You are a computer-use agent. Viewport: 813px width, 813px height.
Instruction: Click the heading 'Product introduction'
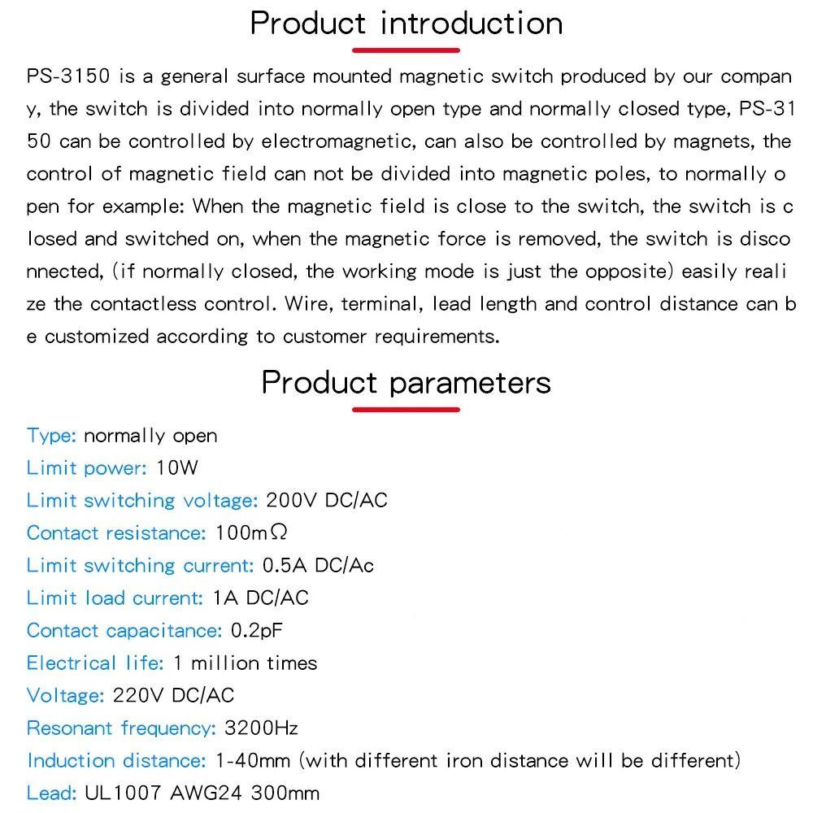(x=406, y=23)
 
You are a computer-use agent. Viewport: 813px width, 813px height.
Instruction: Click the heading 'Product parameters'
(x=406, y=382)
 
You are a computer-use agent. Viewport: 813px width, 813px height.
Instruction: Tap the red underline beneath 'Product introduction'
(x=406, y=50)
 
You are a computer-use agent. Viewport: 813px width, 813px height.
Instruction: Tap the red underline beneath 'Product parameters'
(x=406, y=409)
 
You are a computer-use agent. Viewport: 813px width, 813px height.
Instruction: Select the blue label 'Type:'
(x=51, y=436)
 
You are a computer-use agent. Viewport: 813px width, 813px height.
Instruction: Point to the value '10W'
(x=177, y=468)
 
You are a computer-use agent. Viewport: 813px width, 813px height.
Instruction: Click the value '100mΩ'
(x=251, y=533)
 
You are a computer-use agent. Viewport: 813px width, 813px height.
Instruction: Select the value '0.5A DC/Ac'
(x=318, y=566)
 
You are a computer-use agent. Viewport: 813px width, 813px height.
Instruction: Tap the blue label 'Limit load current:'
(x=115, y=598)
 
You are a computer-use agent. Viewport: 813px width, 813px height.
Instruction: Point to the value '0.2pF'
(x=257, y=631)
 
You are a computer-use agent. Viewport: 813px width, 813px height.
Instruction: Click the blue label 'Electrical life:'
(x=95, y=663)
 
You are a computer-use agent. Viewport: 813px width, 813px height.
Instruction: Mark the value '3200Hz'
(x=261, y=728)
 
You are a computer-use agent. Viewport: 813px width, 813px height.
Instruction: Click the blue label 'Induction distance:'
(x=117, y=761)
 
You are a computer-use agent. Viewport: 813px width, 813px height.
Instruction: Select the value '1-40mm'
(x=253, y=761)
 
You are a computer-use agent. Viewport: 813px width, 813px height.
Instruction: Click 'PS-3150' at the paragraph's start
(x=67, y=77)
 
